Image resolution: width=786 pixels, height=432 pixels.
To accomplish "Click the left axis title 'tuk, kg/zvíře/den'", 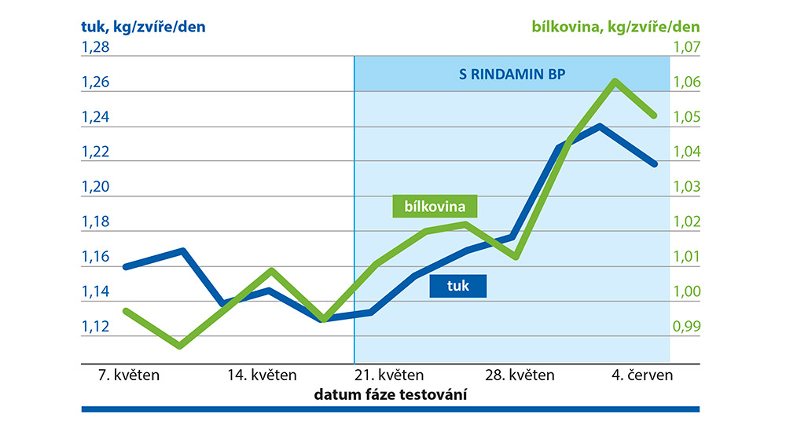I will (143, 26).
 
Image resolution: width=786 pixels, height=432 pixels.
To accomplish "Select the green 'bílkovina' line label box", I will (435, 206).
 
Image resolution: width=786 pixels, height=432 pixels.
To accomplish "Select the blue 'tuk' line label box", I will (457, 286).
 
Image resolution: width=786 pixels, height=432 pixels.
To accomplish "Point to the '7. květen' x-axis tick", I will (126, 375).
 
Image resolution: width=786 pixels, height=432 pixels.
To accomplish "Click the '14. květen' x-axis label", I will (263, 375).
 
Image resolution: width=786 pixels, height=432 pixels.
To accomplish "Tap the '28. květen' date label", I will (520, 375).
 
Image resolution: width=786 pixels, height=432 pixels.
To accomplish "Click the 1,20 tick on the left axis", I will (97, 187).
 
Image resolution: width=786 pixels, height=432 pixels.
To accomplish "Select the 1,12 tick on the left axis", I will (97, 326).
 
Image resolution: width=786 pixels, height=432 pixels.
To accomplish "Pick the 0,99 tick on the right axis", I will (685, 326).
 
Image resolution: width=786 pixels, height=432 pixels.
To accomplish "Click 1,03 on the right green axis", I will (685, 187).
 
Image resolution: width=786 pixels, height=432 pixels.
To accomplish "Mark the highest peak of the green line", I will (615, 81).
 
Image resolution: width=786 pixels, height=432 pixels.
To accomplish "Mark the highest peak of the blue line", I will (601, 126).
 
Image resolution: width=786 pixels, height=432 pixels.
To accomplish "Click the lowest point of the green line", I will (180, 345).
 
